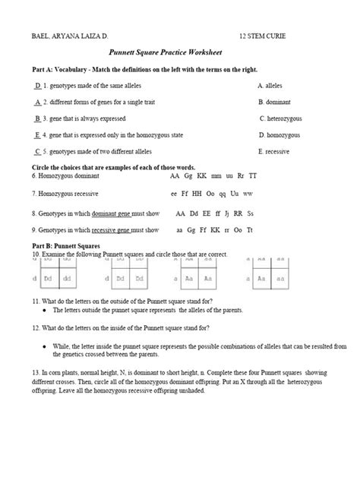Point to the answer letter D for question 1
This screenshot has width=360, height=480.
[38, 86]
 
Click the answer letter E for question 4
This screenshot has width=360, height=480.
[37, 134]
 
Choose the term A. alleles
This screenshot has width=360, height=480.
[271, 86]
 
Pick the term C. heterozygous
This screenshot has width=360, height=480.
[284, 118]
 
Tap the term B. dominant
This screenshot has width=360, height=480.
[274, 102]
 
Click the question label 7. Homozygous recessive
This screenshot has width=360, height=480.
[66, 194]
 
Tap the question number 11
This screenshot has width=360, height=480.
[34, 302]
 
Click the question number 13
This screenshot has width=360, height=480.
[35, 372]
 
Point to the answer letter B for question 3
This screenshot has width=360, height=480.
[37, 118]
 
